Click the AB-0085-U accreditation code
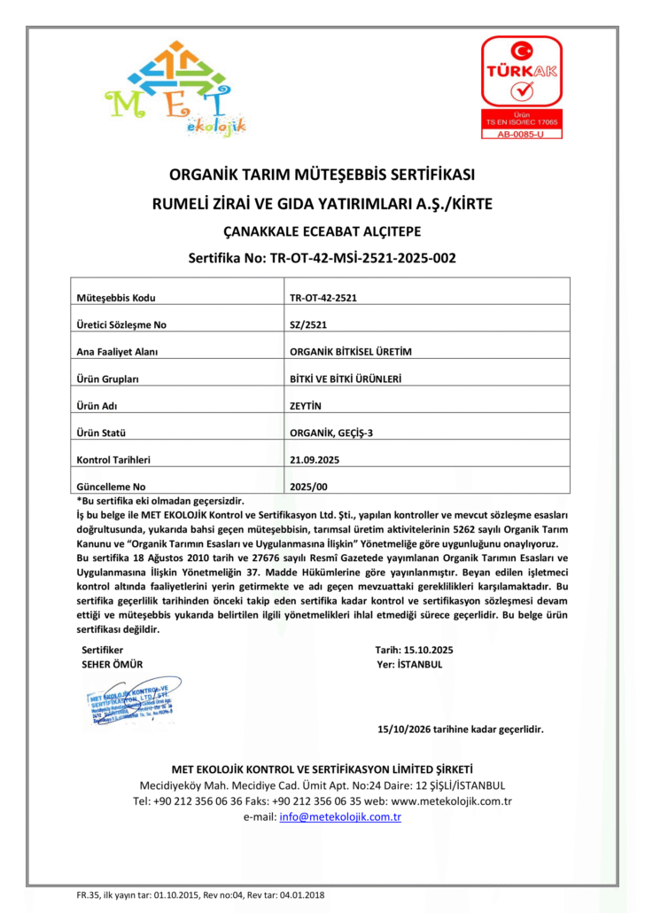[520, 134]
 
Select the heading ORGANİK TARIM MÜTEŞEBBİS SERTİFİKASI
[322, 174]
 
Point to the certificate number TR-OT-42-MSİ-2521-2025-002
[322, 259]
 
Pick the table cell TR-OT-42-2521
[323, 298]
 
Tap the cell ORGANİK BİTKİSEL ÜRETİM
[351, 352]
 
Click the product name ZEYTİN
[306, 406]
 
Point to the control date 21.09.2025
[315, 460]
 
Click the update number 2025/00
[308, 487]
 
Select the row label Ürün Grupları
[109, 378]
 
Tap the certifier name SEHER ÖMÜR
[112, 664]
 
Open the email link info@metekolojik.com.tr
[340, 817]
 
